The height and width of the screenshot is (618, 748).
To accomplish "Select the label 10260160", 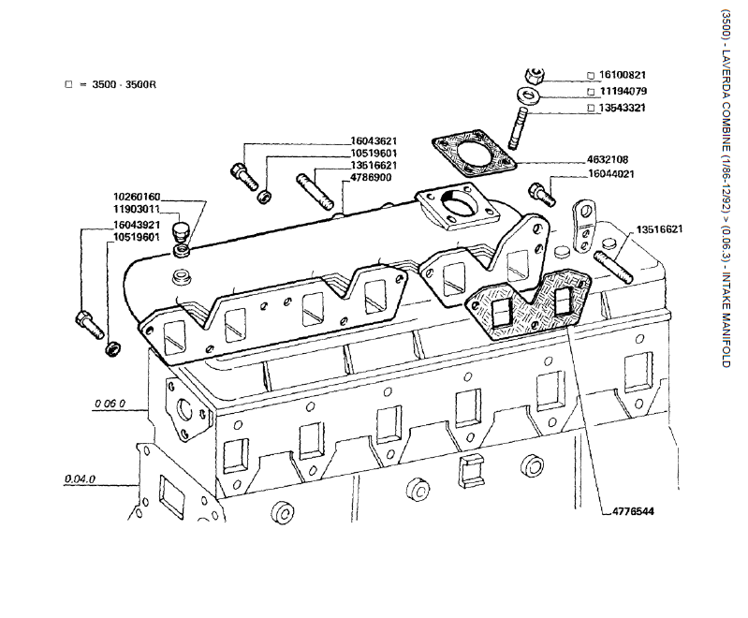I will [138, 197].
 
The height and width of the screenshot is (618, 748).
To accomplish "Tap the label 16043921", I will [138, 226].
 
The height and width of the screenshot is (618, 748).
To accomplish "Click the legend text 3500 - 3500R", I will [124, 84].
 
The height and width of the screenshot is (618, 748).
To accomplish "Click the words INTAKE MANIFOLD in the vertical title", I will [725, 318].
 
